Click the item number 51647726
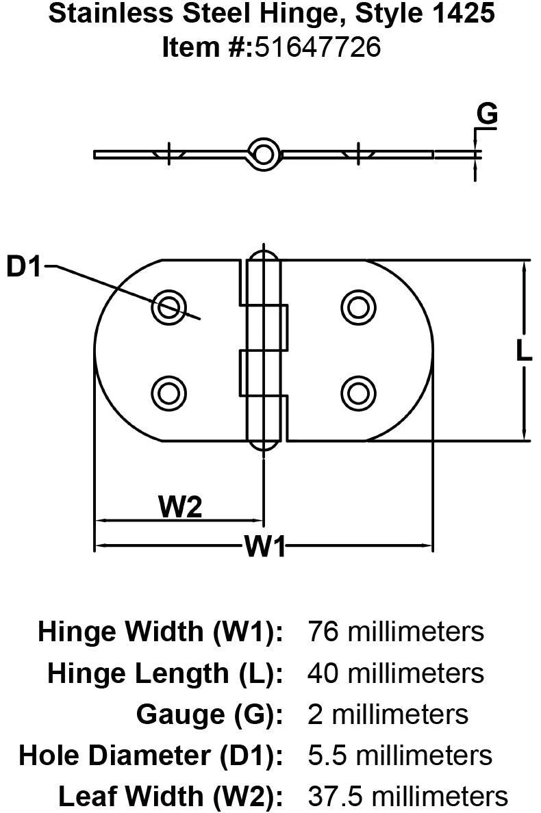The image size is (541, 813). [318, 47]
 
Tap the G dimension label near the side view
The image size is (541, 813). [487, 115]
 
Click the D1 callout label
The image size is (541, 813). [25, 267]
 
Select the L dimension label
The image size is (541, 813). [523, 351]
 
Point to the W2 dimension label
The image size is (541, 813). [180, 508]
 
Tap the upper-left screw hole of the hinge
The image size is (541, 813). [168, 306]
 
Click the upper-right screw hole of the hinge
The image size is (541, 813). [357, 306]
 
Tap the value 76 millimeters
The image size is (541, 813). [396, 631]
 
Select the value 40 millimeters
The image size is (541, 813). [396, 673]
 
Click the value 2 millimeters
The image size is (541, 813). [388, 714]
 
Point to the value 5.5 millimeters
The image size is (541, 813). [400, 756]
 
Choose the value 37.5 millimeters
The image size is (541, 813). [408, 797]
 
